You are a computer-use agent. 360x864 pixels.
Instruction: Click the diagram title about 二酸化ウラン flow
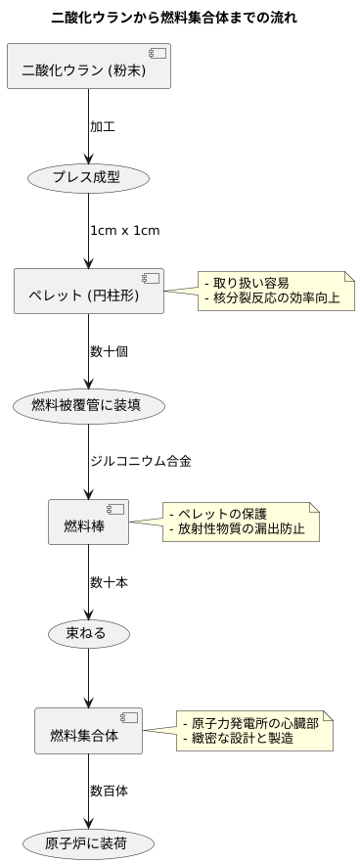point(174,18)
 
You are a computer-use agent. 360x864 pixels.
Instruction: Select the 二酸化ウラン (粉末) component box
point(89,67)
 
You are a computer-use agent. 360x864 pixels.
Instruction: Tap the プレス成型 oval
point(89,178)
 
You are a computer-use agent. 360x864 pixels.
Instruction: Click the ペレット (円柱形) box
point(89,291)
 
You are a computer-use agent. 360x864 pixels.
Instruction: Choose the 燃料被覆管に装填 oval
point(89,404)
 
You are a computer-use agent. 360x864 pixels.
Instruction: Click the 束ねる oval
point(89,633)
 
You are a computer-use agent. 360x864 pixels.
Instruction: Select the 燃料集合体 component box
point(89,731)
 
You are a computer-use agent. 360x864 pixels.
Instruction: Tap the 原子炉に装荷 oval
point(89,841)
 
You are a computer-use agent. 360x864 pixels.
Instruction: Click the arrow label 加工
point(104,126)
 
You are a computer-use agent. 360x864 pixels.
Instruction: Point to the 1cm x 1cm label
point(124,231)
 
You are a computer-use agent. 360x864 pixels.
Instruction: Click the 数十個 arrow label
point(109,350)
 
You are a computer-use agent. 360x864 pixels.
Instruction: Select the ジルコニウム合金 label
point(140,461)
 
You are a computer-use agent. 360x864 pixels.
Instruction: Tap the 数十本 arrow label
point(109,581)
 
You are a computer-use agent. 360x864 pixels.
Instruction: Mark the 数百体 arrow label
point(109,789)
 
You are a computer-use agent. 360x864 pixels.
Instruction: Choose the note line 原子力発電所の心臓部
point(255,722)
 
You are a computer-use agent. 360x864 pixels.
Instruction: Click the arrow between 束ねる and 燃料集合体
point(89,680)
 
